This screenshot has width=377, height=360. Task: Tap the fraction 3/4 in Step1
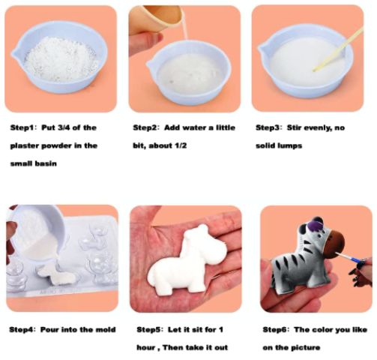64,127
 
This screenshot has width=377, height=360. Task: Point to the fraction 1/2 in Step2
179,145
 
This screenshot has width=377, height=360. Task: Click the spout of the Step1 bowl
14,52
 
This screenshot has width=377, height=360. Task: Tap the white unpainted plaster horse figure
186,260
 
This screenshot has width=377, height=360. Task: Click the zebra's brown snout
334,244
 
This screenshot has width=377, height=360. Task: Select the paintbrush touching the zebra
348,258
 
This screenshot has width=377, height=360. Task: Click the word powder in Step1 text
55,145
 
